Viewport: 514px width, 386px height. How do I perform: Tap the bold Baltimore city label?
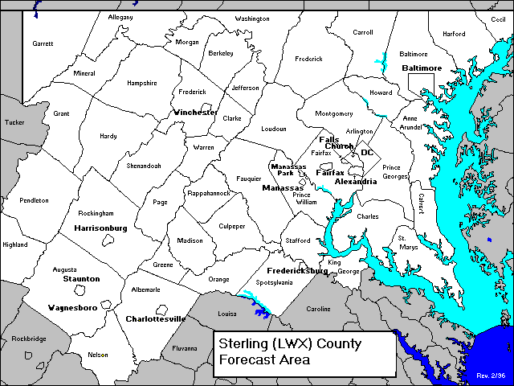422,68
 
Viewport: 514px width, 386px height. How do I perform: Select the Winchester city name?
195,112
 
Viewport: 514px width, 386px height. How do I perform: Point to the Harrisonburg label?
100,228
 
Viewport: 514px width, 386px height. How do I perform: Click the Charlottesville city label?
156,319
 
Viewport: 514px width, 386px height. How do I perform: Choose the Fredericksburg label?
297,271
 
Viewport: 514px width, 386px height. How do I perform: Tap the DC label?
367,152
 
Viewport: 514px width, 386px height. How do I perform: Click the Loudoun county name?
273,129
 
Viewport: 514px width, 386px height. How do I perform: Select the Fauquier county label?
249,178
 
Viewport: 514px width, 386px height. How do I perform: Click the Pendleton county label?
35,200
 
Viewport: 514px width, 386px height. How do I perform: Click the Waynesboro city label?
73,308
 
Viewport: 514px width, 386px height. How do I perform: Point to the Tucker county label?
14,122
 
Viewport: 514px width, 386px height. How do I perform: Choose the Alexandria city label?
356,182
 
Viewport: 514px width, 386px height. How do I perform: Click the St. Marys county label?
408,243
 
